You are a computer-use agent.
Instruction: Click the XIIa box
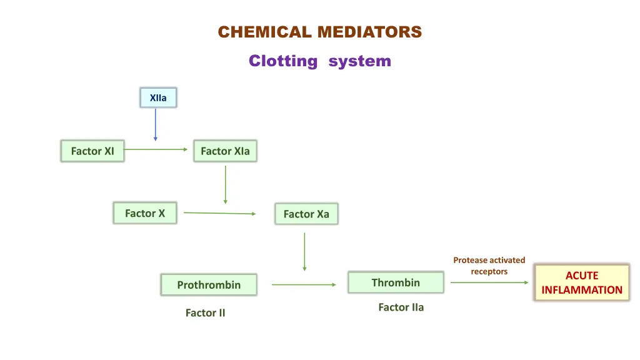(158, 97)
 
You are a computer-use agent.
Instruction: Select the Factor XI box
(92, 151)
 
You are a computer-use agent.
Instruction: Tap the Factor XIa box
(225, 151)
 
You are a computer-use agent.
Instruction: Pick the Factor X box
(145, 213)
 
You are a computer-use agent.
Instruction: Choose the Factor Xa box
(306, 214)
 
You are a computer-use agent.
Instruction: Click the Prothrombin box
(209, 285)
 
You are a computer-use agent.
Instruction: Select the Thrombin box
(396, 282)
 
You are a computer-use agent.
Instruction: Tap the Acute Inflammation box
(582, 282)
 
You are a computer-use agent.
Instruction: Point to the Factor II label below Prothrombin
(205, 312)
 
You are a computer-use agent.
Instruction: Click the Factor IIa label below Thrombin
(401, 307)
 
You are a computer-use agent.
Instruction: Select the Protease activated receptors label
(489, 266)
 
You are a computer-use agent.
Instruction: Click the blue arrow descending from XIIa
(156, 125)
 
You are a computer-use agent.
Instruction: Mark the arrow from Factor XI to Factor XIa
(156, 150)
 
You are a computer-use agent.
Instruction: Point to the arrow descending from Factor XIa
(225, 184)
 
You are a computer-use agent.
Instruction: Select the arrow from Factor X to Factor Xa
(219, 213)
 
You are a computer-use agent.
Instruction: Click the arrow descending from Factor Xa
(304, 251)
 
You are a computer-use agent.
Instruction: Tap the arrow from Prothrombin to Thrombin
(304, 285)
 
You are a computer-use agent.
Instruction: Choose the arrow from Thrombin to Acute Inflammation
(489, 282)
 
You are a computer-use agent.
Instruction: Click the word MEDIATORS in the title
(369, 32)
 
